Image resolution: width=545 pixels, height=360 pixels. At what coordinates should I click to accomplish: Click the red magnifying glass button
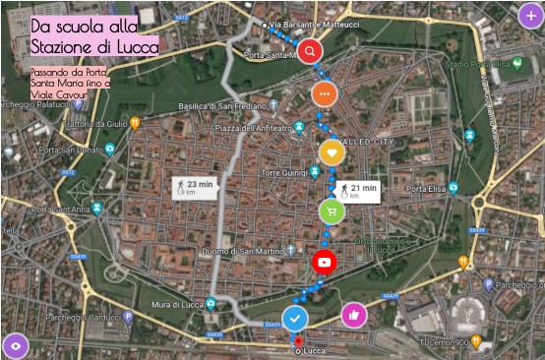(310, 50)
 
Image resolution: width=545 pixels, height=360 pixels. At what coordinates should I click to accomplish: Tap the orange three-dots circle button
(325, 94)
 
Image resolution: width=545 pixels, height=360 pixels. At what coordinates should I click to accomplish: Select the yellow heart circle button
(332, 152)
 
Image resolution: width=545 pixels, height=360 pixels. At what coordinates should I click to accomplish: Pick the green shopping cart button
(332, 210)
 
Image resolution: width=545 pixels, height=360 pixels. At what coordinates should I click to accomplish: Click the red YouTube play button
(325, 262)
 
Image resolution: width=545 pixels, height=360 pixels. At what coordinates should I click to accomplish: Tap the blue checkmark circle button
(295, 319)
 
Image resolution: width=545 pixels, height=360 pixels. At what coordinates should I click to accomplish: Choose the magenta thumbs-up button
(353, 315)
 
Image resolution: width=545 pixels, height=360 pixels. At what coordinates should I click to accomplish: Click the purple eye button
(15, 345)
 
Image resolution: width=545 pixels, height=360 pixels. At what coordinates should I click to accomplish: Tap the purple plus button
(529, 14)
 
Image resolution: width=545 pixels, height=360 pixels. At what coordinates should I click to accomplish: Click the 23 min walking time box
(194, 187)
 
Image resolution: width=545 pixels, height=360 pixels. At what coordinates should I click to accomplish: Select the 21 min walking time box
(357, 191)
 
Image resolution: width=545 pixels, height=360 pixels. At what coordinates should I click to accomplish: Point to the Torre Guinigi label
(285, 172)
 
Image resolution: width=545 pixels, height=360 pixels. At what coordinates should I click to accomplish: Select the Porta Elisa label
(429, 189)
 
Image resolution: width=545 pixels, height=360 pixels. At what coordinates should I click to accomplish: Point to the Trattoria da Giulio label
(95, 124)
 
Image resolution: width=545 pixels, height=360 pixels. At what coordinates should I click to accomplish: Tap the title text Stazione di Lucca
(93, 46)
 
